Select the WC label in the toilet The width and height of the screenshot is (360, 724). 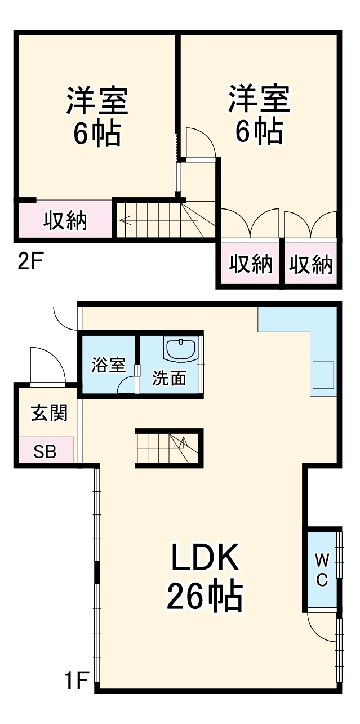click(322, 569)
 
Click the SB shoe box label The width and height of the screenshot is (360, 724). click(45, 451)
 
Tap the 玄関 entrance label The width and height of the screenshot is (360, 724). click(49, 413)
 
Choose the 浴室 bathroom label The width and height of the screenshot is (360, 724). click(108, 365)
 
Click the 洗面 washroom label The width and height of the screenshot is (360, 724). click(169, 378)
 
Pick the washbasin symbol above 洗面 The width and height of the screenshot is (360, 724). click(180, 349)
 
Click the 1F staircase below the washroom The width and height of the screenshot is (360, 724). click(168, 448)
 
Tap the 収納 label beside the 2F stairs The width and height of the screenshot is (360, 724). click(66, 220)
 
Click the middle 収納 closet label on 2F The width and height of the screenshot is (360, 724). click(251, 264)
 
